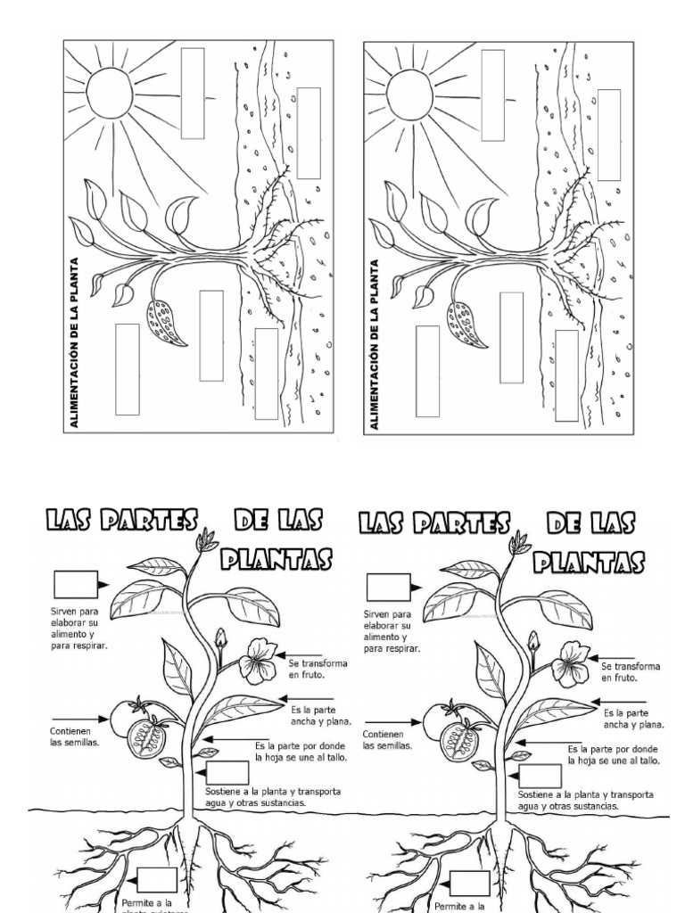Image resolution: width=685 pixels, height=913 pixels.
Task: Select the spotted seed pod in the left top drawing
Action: click(166, 320)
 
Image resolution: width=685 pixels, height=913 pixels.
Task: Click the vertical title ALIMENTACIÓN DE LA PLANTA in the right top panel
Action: click(375, 344)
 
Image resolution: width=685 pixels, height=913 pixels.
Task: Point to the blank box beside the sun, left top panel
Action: click(193, 93)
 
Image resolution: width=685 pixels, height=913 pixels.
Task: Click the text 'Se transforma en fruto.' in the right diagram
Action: click(631, 670)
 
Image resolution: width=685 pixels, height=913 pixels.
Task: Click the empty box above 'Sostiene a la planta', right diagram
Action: click(540, 775)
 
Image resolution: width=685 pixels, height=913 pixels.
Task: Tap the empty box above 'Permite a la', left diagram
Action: click(157, 880)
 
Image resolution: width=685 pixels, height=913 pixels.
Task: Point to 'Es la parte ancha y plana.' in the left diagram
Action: click(321, 716)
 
